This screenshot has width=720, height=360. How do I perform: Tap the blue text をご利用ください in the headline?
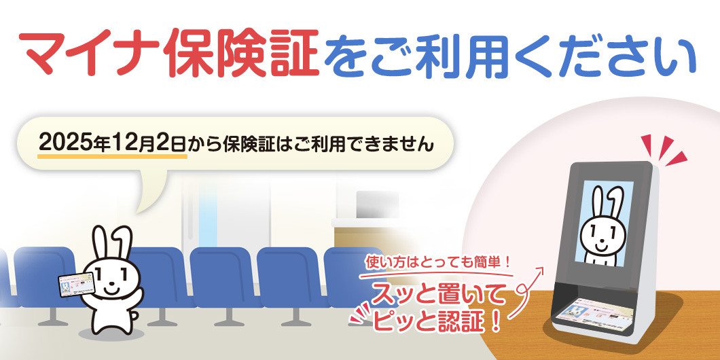510,55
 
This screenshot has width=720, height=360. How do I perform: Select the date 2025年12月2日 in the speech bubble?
112,143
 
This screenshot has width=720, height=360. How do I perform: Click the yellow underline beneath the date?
113,157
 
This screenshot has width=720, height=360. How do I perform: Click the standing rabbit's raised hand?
137,295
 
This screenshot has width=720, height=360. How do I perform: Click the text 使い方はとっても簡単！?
437,264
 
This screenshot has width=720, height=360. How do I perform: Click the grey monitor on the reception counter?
377,205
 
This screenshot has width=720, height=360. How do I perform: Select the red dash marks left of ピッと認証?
361,314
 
